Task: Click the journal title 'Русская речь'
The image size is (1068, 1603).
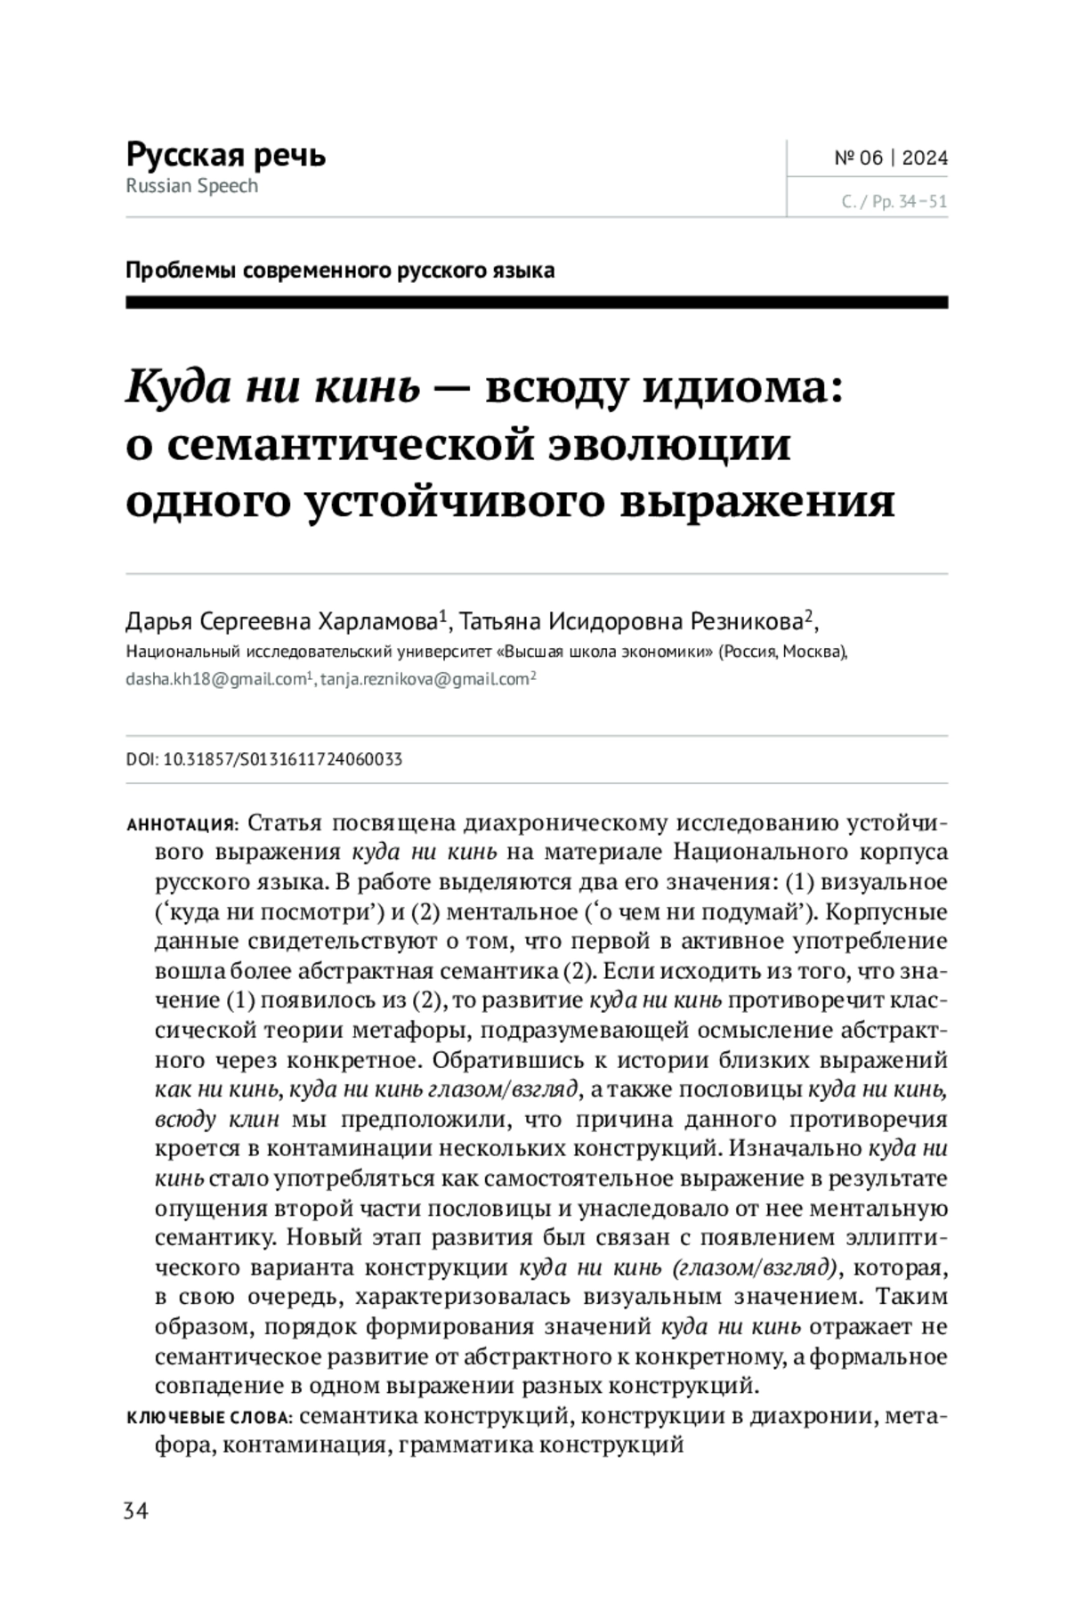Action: (226, 155)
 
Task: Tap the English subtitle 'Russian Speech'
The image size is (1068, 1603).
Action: (192, 186)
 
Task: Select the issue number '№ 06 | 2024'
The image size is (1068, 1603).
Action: (891, 158)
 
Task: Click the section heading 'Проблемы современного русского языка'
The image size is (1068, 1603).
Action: (340, 270)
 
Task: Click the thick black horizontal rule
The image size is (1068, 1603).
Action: (537, 304)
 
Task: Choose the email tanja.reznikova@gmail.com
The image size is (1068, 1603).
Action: (425, 679)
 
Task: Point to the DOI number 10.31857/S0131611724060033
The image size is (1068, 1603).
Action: (283, 759)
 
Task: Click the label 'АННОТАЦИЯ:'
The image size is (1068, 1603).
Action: (182, 823)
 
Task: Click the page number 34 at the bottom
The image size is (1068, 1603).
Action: (136, 1511)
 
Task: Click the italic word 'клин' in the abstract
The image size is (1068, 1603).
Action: (256, 1120)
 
